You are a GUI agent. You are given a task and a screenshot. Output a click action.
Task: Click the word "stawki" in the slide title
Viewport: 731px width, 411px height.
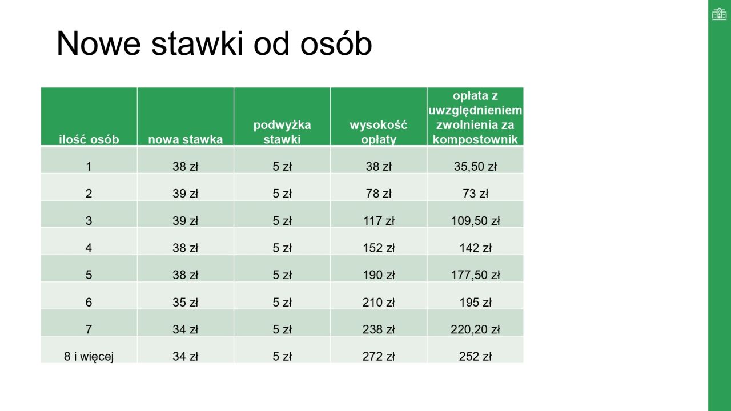tap(198, 43)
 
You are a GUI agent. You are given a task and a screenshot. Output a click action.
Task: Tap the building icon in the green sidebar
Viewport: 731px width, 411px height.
tap(719, 14)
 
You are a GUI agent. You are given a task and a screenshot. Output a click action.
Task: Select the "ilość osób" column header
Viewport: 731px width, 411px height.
tap(89, 139)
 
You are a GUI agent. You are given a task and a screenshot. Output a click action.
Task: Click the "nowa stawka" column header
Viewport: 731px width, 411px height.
tap(186, 139)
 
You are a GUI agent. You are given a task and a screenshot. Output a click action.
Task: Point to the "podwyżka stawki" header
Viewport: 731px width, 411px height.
tap(282, 132)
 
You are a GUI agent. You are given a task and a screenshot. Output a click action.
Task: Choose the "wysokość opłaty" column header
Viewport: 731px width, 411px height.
tap(379, 132)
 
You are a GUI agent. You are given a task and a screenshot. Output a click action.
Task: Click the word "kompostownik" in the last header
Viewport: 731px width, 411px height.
tap(475, 139)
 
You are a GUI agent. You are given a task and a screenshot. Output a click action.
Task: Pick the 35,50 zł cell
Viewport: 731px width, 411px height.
tap(475, 166)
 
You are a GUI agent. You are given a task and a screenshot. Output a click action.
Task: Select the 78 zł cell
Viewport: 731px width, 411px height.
tap(379, 194)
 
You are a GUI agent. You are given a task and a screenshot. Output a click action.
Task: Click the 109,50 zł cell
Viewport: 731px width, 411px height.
tap(475, 221)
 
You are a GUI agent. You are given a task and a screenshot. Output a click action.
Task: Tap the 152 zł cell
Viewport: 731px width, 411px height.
tap(379, 248)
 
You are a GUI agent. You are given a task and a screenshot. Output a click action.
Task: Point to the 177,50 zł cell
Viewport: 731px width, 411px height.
tap(475, 275)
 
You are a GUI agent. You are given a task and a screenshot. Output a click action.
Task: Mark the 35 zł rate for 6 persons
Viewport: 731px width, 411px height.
tap(186, 303)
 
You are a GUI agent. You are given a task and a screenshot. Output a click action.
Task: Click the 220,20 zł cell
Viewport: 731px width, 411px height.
tap(475, 329)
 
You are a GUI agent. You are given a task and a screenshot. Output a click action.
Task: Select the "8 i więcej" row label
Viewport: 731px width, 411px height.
tap(89, 357)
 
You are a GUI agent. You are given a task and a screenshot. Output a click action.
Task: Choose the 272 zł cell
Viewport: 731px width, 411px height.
tap(379, 357)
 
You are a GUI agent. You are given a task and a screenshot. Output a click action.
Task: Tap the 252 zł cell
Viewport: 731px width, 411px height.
tap(475, 357)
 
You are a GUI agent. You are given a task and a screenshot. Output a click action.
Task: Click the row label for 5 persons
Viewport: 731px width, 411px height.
tap(89, 275)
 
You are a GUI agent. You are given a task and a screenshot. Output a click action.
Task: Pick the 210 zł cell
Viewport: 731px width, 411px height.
tap(379, 303)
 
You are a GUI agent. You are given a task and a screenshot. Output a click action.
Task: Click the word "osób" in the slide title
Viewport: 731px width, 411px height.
tap(336, 43)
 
